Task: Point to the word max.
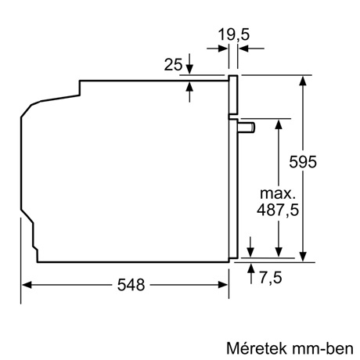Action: [278, 193]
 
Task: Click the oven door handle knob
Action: [247, 125]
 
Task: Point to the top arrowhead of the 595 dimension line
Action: [303, 80]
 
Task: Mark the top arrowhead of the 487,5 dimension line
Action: [278, 124]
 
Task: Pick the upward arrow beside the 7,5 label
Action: [250, 270]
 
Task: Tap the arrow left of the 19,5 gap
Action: [222, 49]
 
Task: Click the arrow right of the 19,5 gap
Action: [242, 49]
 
